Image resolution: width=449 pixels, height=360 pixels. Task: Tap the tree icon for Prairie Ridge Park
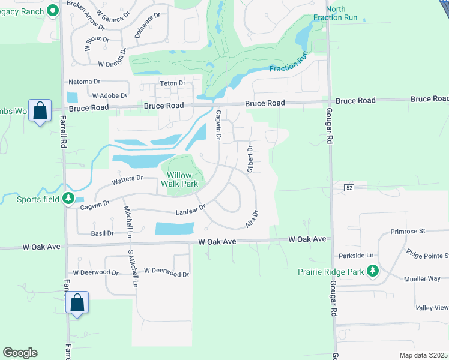(372, 271)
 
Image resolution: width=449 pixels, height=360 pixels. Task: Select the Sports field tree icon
(70, 198)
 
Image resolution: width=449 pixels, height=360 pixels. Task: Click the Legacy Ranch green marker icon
(53, 10)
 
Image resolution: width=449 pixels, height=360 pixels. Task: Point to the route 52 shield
(349, 188)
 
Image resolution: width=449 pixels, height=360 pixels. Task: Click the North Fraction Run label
(342, 13)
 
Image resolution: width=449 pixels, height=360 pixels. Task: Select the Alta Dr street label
(252, 218)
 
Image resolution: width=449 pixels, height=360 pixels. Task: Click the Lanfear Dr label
(190, 211)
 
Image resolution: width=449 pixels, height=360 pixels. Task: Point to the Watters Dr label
(127, 178)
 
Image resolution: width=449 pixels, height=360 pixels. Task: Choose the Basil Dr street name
(102, 233)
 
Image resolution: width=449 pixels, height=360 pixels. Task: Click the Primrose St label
(407, 230)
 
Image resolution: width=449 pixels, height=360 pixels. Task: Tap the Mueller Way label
(422, 278)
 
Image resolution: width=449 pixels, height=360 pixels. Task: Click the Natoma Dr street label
(84, 81)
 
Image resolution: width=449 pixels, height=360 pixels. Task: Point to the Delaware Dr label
(147, 26)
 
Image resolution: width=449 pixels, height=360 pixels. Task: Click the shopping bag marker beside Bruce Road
(40, 111)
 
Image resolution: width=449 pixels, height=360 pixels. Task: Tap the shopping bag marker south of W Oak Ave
(77, 302)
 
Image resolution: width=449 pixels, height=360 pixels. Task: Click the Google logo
(20, 353)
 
